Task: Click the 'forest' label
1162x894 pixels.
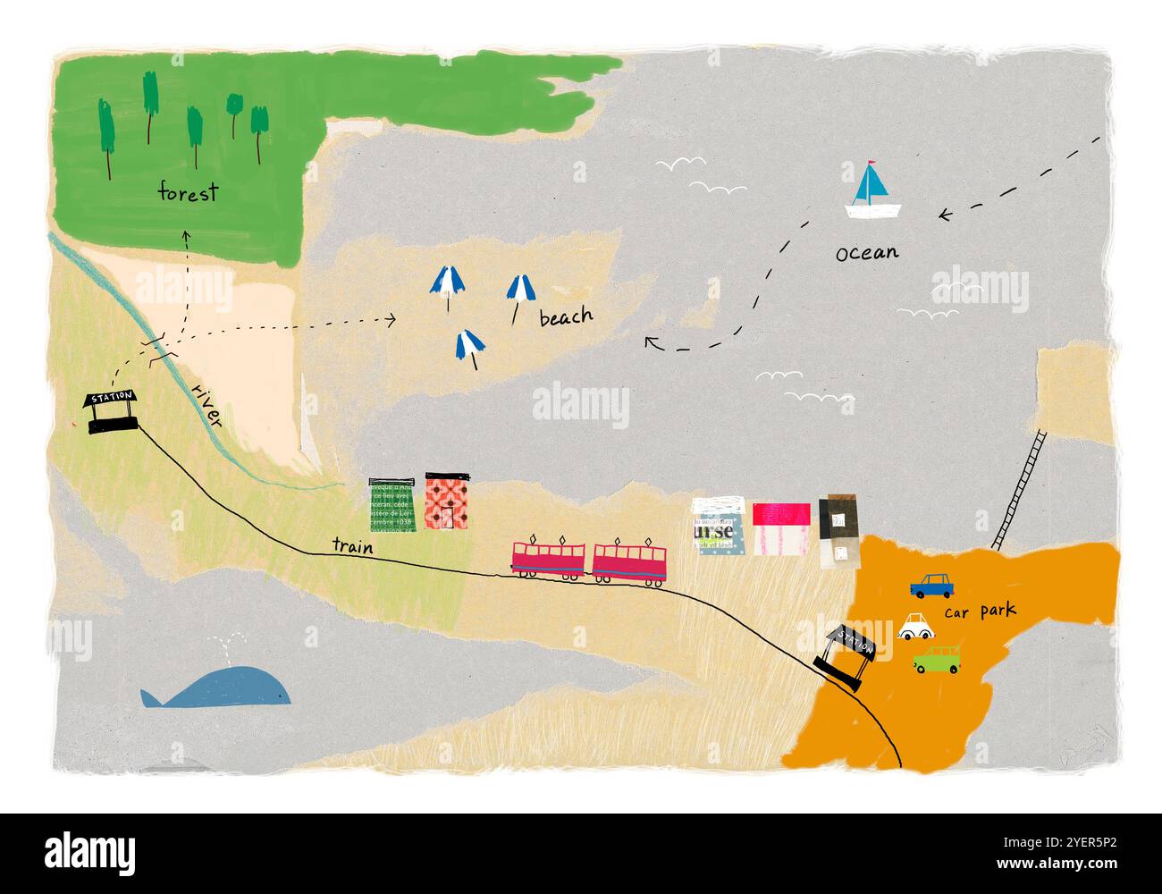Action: tap(188, 192)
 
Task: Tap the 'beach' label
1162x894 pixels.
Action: tap(566, 316)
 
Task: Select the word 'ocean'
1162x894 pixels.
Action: tap(866, 253)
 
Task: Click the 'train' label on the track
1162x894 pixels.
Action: tap(352, 544)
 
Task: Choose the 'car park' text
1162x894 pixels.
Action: tap(981, 612)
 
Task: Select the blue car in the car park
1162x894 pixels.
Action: tap(932, 586)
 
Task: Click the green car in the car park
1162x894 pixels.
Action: tap(937, 661)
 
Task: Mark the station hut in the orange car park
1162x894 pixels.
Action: tap(845, 657)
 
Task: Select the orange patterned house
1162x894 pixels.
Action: tap(447, 502)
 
